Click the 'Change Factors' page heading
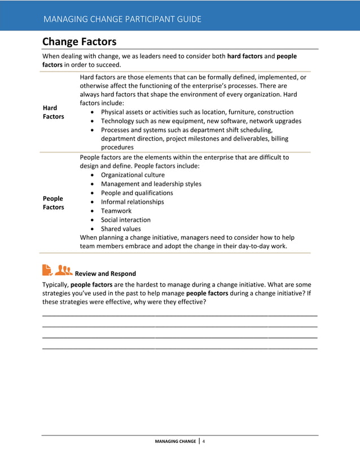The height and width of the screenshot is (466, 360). click(79, 42)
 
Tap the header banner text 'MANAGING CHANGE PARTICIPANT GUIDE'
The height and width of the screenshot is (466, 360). click(122, 19)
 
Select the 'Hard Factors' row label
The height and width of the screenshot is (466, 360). click(53, 112)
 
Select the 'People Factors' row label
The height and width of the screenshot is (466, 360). click(53, 203)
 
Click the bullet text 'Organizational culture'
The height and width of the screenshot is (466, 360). click(133, 175)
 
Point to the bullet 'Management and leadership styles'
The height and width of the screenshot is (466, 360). click(151, 184)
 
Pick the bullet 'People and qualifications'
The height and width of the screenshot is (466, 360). click(137, 193)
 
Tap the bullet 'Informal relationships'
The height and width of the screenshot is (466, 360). click(132, 202)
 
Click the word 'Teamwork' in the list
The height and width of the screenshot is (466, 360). click(116, 211)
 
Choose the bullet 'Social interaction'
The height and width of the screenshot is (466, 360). click(125, 220)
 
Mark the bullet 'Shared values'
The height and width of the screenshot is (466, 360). click(121, 229)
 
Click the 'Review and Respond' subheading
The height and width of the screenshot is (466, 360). click(105, 274)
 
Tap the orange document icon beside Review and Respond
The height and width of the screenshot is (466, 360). click(47, 271)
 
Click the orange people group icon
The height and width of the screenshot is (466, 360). click(64, 271)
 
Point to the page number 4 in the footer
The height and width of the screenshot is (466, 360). click(204, 441)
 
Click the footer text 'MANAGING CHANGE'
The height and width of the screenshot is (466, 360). click(175, 441)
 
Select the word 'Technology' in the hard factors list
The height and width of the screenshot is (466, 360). click(117, 121)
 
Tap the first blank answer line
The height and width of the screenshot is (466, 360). click(179, 314)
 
